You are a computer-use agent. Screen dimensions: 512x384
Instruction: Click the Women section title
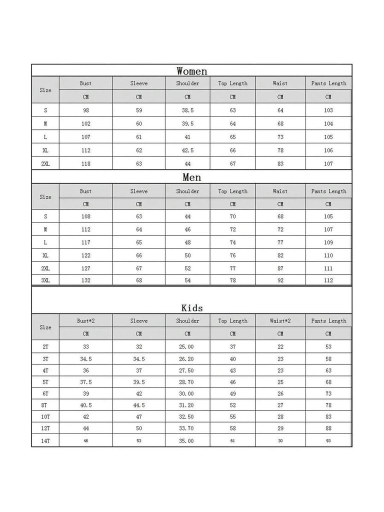[x=192, y=71]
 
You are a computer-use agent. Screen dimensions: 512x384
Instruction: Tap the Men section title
[x=192, y=177]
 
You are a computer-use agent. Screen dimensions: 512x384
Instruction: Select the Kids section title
[x=192, y=308]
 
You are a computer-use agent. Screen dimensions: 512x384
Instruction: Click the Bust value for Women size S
[x=86, y=110]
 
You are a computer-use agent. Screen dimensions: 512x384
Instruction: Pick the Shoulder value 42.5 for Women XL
[x=187, y=150]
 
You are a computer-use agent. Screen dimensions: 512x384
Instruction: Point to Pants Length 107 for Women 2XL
[x=328, y=163]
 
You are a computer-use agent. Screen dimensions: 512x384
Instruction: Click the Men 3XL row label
[x=45, y=280]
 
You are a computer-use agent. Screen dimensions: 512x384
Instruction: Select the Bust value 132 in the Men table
[x=86, y=280]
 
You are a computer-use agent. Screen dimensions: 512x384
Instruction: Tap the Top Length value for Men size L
[x=232, y=242]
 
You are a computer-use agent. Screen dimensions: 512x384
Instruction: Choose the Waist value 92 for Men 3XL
[x=280, y=280]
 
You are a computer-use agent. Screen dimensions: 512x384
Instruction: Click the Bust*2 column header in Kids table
[x=86, y=321]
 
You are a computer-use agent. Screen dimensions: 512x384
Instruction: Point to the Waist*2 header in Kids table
[x=280, y=321]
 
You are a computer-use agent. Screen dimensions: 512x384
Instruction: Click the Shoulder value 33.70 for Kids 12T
[x=187, y=428]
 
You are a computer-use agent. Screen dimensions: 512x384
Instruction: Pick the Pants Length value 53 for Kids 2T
[x=328, y=347]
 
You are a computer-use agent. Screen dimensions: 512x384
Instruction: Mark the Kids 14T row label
[x=45, y=441]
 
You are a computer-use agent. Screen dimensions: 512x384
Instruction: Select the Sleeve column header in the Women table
[x=139, y=83]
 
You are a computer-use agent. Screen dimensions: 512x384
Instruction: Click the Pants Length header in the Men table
[x=328, y=191]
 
